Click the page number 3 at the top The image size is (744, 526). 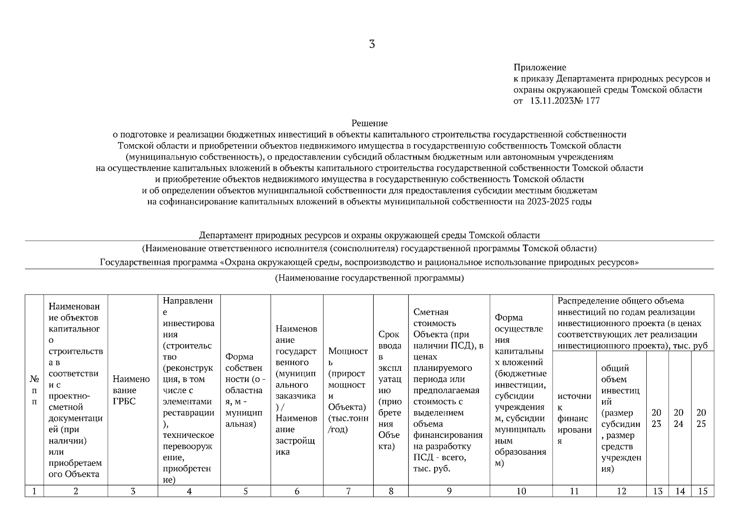[x=372, y=44]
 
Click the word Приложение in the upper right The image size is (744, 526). [x=540, y=68]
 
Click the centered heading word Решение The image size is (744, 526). [x=369, y=124]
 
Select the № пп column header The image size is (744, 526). [x=34, y=390]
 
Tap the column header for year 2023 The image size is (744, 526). [x=657, y=418]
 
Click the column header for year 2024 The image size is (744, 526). [x=679, y=418]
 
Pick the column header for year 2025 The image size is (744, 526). [x=701, y=418]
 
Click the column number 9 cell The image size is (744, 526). [x=449, y=491]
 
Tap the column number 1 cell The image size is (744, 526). [x=34, y=491]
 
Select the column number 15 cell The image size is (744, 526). [x=702, y=491]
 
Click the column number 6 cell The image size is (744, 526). [x=297, y=491]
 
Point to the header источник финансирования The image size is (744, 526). [x=574, y=418]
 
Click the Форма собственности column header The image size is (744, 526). [x=245, y=390]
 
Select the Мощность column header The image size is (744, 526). [x=348, y=390]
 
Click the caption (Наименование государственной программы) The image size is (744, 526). [x=369, y=278]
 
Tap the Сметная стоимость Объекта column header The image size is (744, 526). [x=449, y=390]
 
